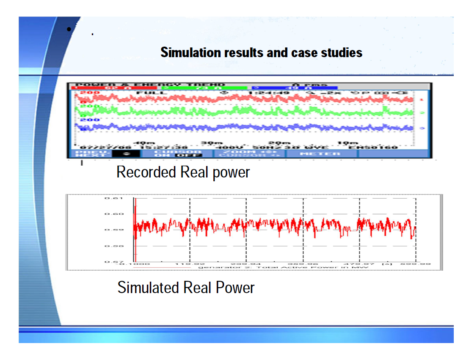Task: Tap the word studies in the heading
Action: pos(342,53)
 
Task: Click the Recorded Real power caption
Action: pos(183,172)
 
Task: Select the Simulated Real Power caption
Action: pos(186,288)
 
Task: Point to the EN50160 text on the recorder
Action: pos(373,147)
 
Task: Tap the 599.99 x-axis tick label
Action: pos(421,264)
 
